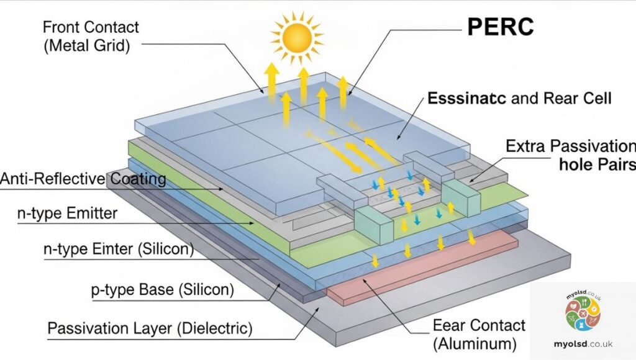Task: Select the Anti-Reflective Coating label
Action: (x=83, y=179)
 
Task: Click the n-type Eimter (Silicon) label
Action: (x=118, y=250)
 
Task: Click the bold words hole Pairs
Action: (x=597, y=165)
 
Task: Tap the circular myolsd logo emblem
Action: (x=583, y=314)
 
